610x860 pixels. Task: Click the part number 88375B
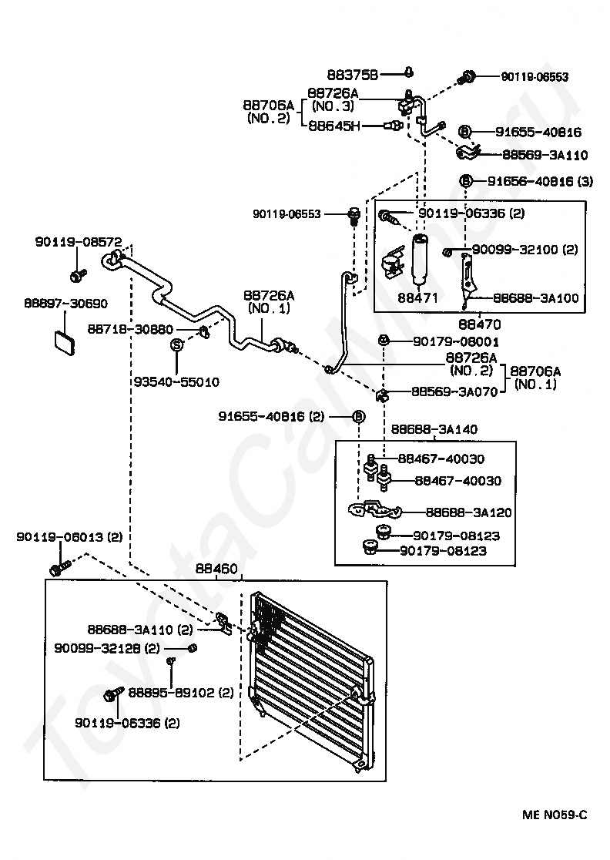(x=353, y=74)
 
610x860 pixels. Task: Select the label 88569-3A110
(x=545, y=155)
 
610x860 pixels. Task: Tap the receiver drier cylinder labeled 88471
(x=419, y=260)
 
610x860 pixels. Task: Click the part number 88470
(x=480, y=324)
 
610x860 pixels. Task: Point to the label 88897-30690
(x=65, y=304)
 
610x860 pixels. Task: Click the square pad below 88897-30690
(x=64, y=342)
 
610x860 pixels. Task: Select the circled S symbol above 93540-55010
(x=176, y=345)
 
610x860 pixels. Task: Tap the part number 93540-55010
(x=176, y=381)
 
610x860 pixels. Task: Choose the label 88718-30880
(x=130, y=329)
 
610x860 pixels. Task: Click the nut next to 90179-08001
(x=384, y=341)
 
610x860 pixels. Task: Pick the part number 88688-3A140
(x=434, y=429)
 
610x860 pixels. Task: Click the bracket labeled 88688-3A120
(x=375, y=509)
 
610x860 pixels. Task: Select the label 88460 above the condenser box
(x=216, y=569)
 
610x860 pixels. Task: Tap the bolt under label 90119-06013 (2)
(x=60, y=568)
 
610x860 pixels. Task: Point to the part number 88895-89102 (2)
(x=181, y=693)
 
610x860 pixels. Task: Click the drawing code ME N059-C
(x=555, y=815)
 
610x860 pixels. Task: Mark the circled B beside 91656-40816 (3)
(x=465, y=180)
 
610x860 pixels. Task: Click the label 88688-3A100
(x=536, y=297)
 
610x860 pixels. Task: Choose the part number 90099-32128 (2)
(x=107, y=648)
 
